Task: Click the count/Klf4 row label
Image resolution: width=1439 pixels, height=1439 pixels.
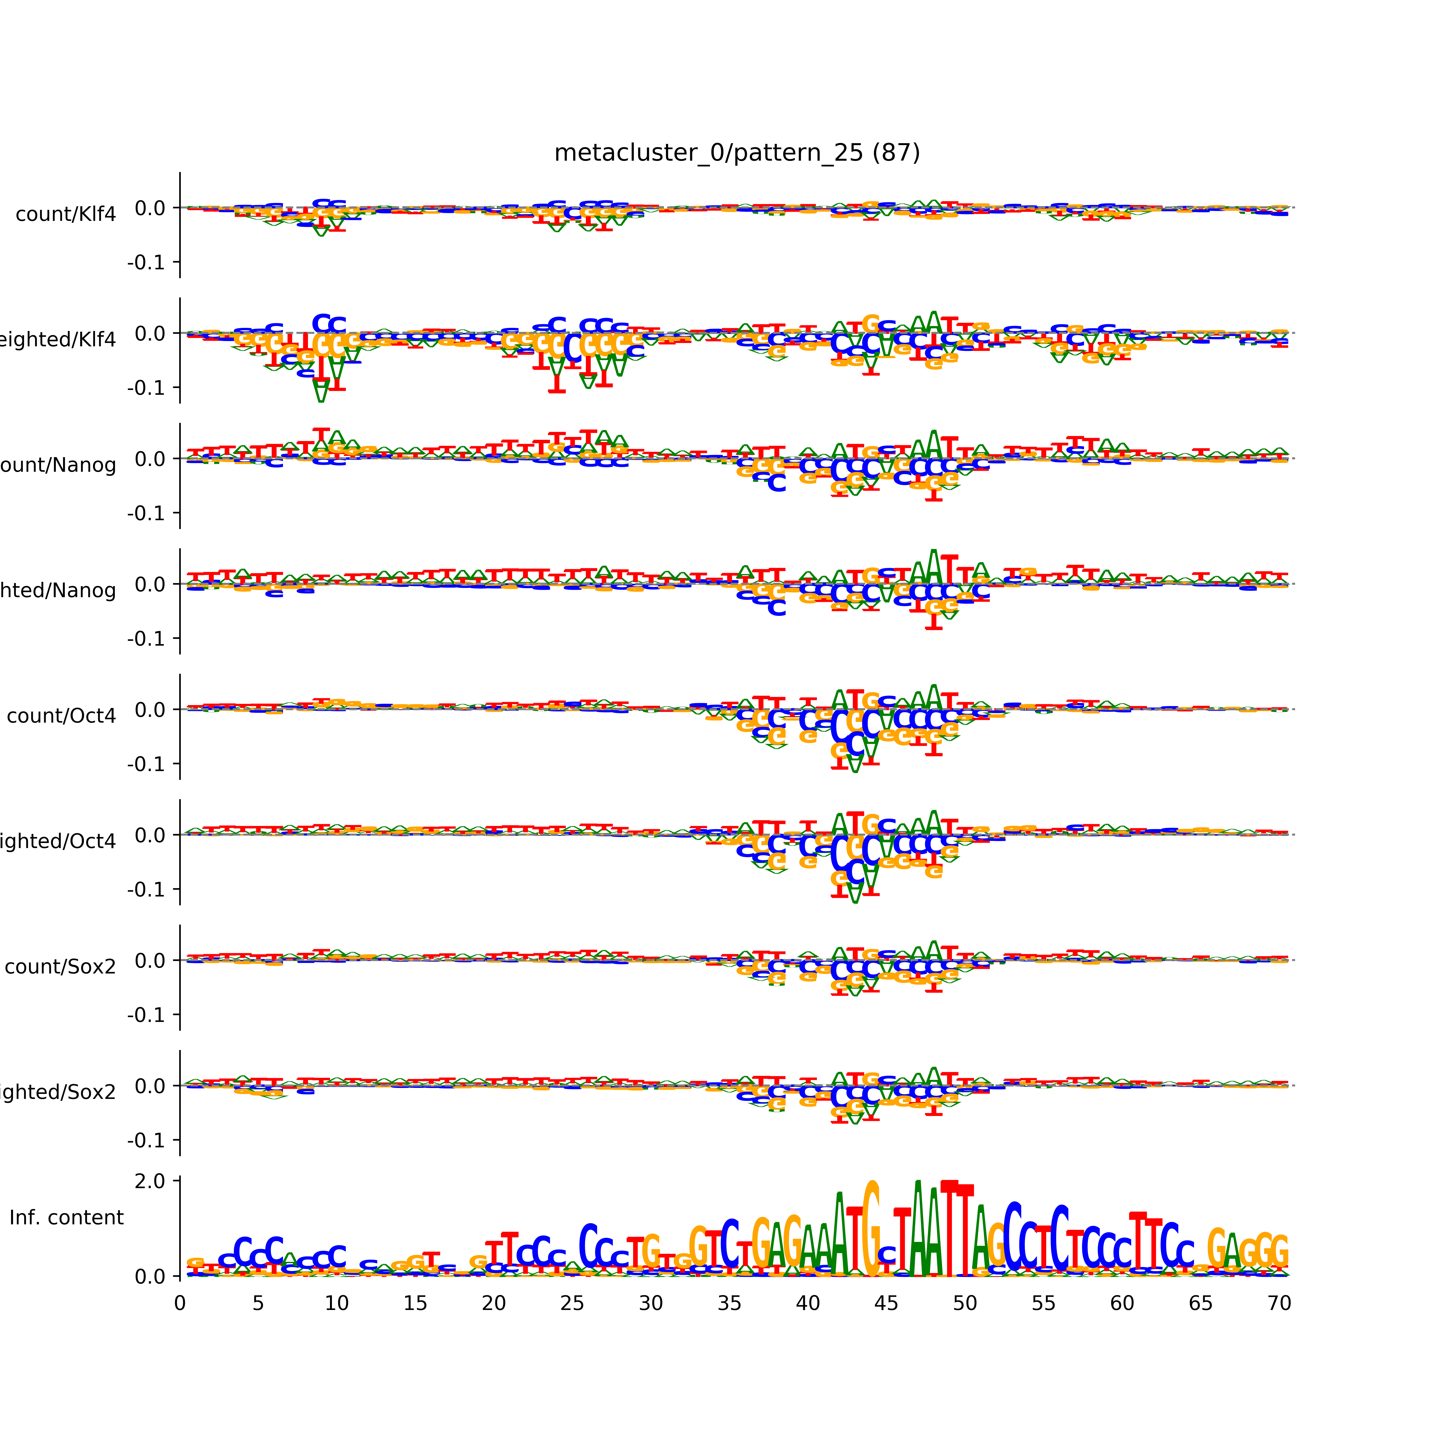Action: tap(65, 214)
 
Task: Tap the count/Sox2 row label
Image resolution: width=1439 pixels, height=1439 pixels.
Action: tap(60, 967)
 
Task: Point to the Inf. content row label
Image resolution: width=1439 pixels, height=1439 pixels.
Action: tap(66, 1218)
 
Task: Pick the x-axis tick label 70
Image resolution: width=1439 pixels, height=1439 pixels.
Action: tap(1279, 1303)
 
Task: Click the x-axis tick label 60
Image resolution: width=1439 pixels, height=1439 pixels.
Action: tap(1122, 1303)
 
